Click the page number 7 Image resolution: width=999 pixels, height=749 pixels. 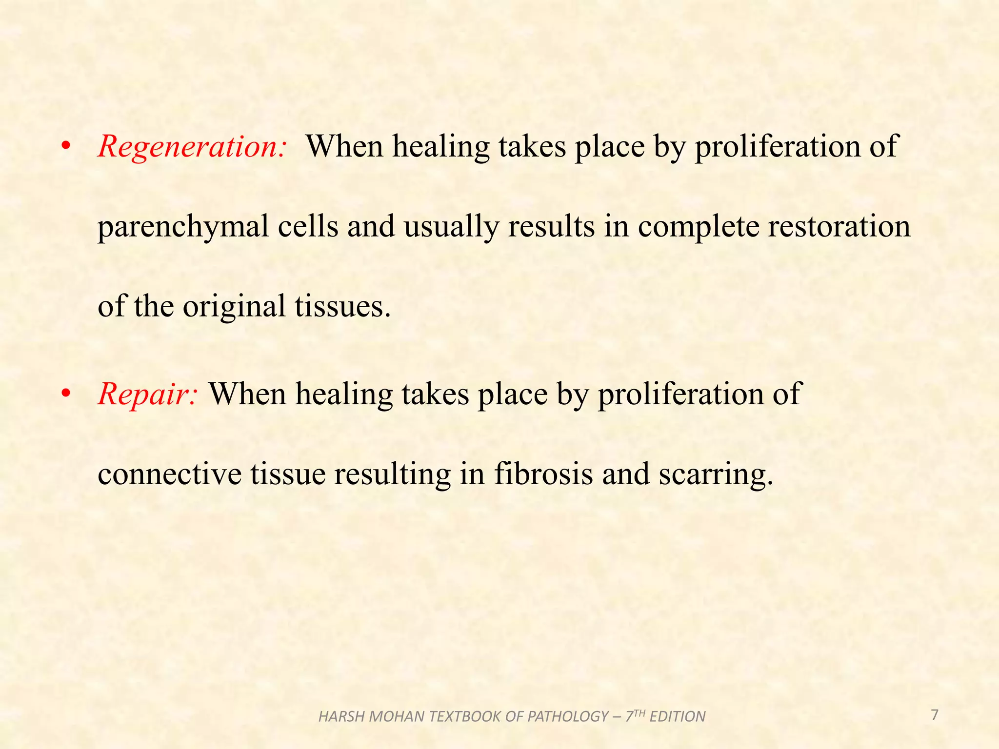[x=934, y=715]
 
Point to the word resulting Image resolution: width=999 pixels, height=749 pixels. [x=392, y=474]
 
